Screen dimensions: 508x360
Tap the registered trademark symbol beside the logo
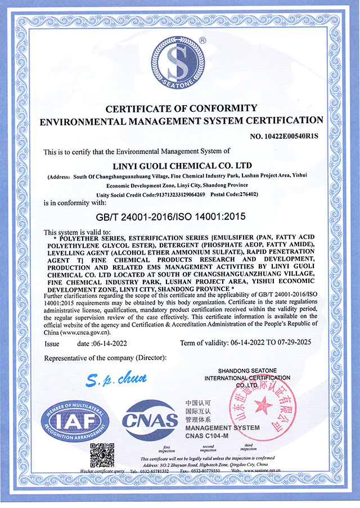click(x=202, y=40)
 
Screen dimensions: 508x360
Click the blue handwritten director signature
click(x=117, y=380)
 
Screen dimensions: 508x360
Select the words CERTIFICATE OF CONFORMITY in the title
click(x=179, y=108)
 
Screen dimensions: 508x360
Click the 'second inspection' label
click(x=208, y=449)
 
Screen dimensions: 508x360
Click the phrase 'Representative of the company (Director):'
click(x=105, y=358)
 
